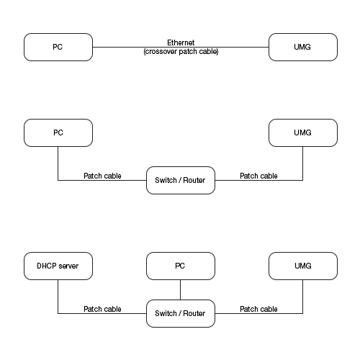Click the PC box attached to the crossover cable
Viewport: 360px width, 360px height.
coord(58,47)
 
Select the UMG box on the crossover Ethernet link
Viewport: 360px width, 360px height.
coord(302,47)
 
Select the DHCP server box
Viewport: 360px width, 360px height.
coord(58,266)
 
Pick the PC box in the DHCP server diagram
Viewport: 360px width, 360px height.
coord(180,266)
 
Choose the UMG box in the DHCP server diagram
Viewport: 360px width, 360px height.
coord(302,266)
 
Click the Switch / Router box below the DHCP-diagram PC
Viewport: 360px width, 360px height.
coord(180,313)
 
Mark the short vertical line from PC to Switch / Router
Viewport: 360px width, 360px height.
coord(180,289)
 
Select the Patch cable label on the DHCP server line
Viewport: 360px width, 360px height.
coord(102,309)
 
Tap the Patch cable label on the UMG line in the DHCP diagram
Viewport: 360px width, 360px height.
coord(258,309)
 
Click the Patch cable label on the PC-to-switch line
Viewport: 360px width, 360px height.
coord(102,176)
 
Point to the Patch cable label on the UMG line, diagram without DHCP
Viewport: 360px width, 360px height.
coord(258,176)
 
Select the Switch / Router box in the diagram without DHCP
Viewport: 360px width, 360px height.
coord(180,180)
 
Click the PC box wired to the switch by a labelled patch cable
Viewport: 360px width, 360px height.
coord(58,133)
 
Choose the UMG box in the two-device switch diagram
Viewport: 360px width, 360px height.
coord(302,133)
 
